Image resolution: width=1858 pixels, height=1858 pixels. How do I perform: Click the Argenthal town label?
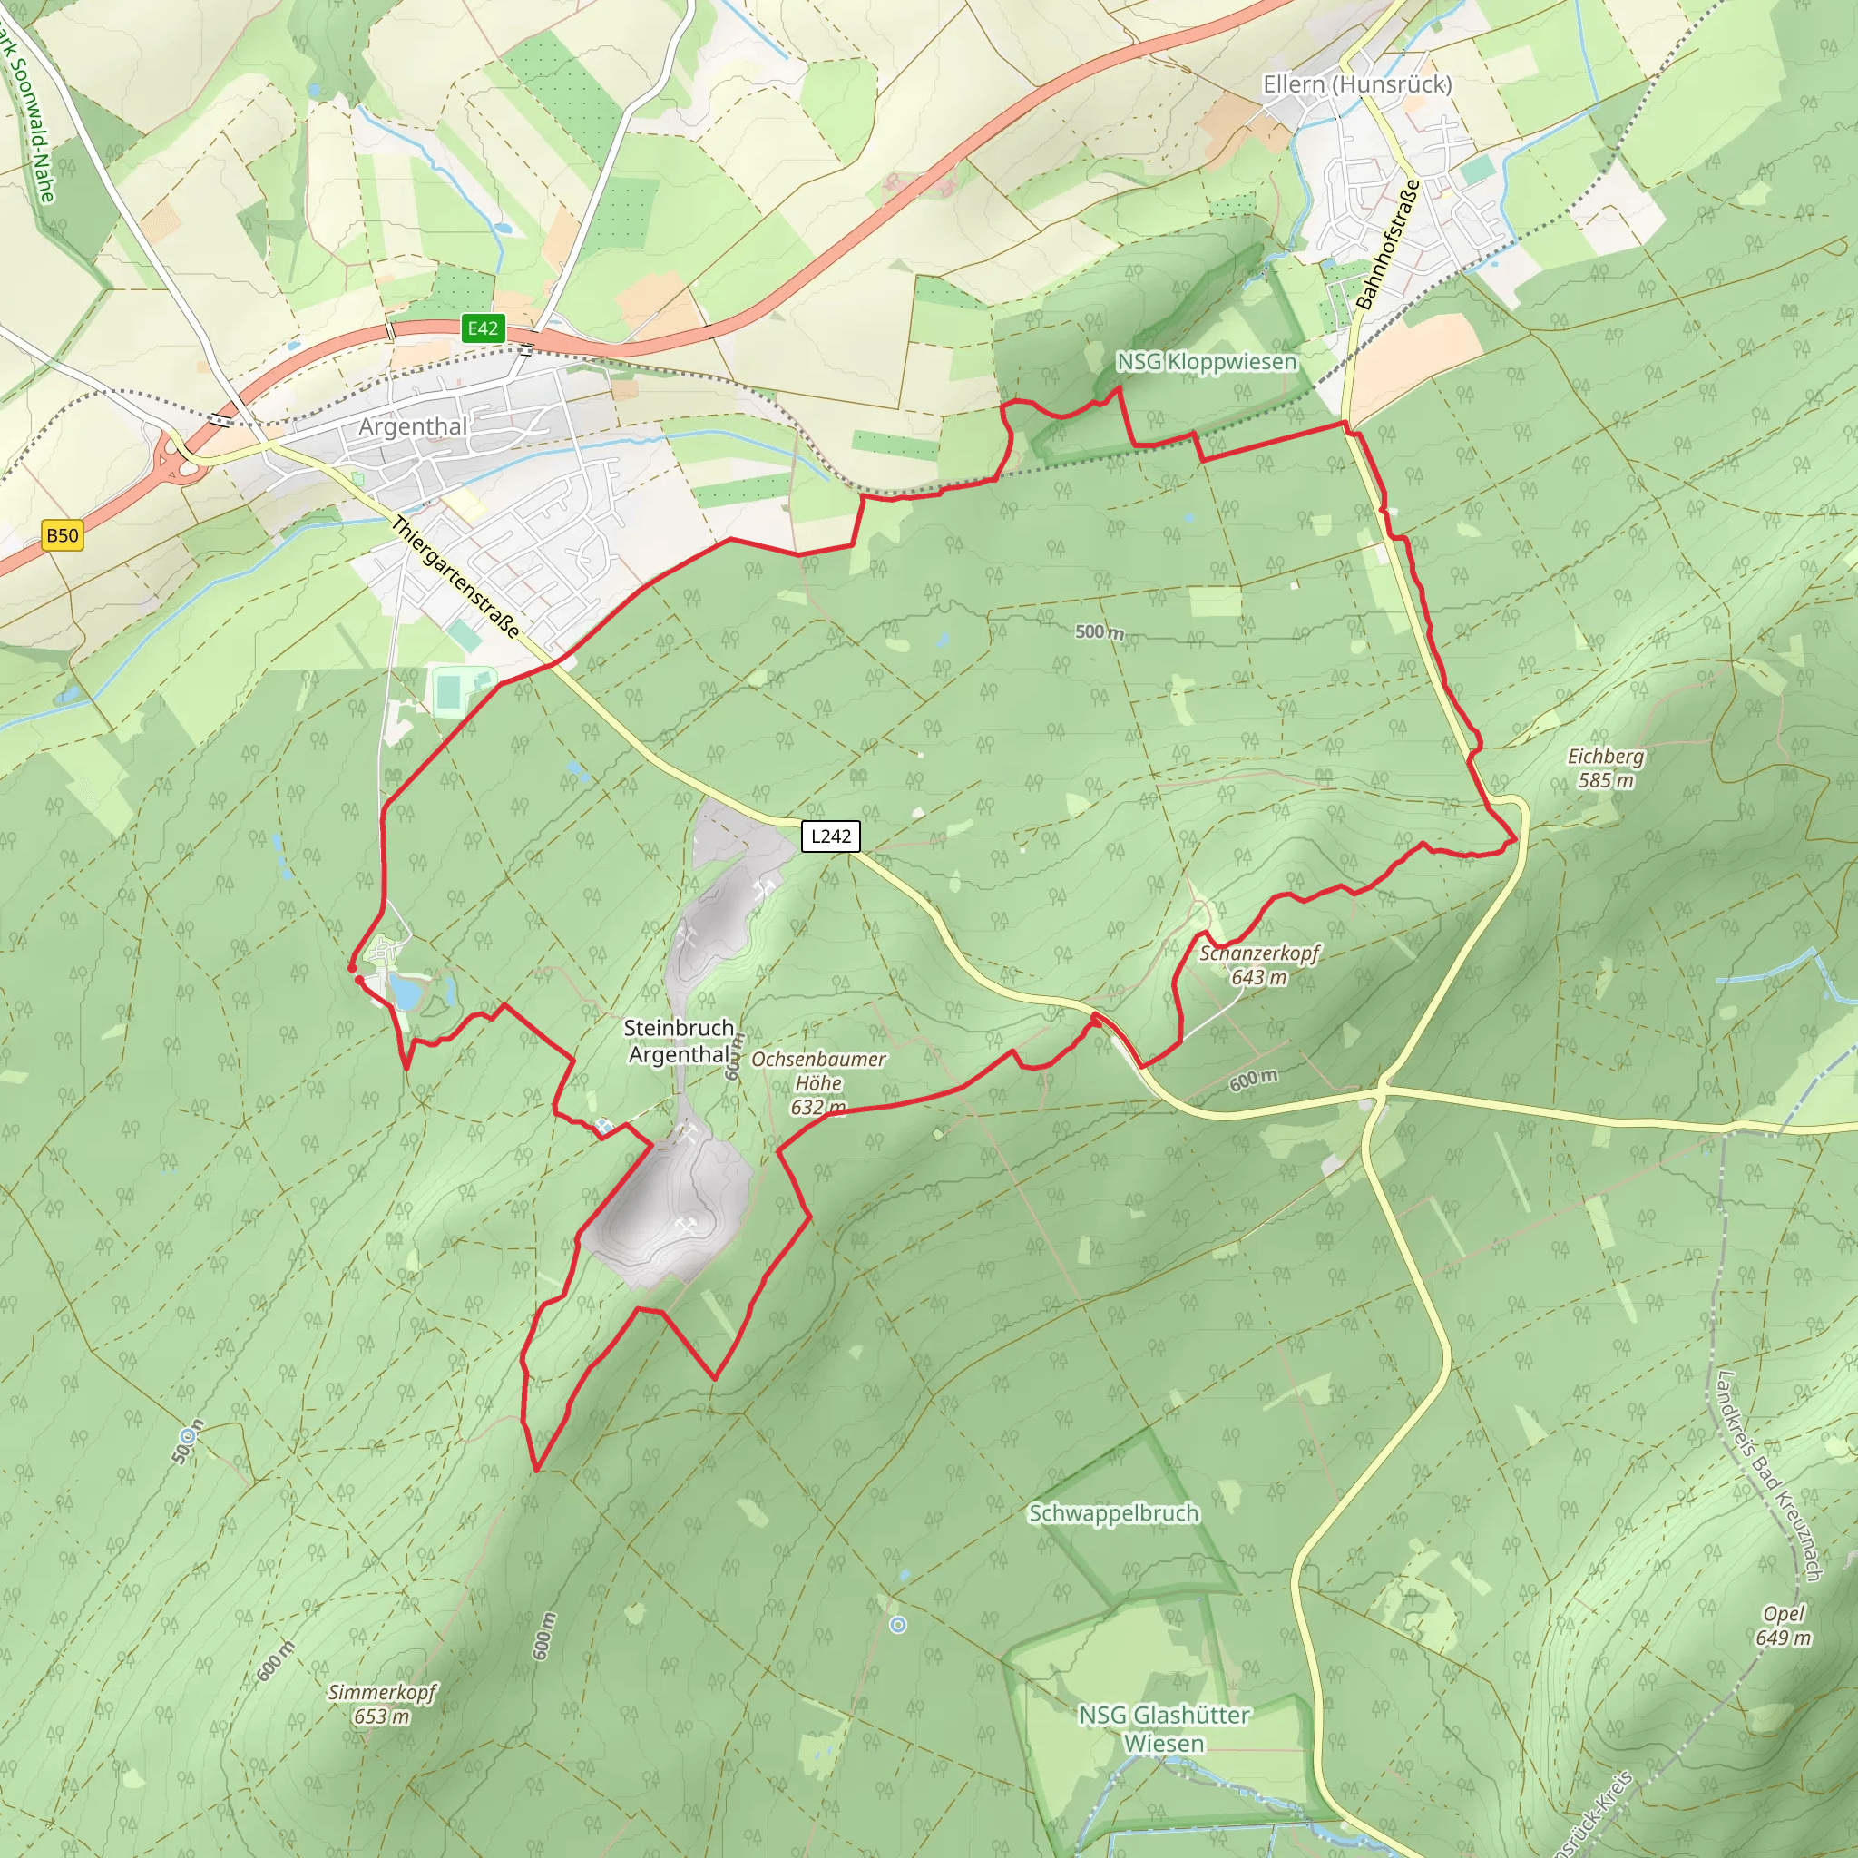pyautogui.click(x=413, y=426)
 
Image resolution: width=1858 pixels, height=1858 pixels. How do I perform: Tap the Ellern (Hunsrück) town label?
pyautogui.click(x=1357, y=84)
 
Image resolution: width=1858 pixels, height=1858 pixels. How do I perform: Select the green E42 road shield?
pyautogui.click(x=483, y=328)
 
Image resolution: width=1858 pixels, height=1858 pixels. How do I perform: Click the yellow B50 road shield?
pyautogui.click(x=63, y=535)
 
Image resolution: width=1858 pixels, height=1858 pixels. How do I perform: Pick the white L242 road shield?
pyautogui.click(x=830, y=836)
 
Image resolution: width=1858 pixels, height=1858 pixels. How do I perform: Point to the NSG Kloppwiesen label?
pyautogui.click(x=1206, y=362)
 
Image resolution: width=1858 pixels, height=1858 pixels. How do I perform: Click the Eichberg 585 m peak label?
pyautogui.click(x=1605, y=768)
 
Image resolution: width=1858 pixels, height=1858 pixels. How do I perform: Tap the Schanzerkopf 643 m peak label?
pyautogui.click(x=1259, y=964)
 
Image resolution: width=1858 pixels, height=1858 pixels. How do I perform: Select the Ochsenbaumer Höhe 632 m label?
pyautogui.click(x=818, y=1083)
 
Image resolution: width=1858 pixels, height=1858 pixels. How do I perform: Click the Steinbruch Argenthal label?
pyautogui.click(x=679, y=1041)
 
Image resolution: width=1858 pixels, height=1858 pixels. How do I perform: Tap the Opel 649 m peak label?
pyautogui.click(x=1783, y=1625)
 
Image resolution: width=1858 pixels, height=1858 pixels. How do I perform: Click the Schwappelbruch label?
pyautogui.click(x=1114, y=1512)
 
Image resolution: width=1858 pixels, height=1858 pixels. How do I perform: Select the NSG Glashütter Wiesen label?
pyautogui.click(x=1164, y=1728)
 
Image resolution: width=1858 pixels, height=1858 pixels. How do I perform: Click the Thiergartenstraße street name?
pyautogui.click(x=455, y=578)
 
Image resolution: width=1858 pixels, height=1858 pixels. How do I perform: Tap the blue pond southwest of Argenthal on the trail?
pyautogui.click(x=406, y=990)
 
